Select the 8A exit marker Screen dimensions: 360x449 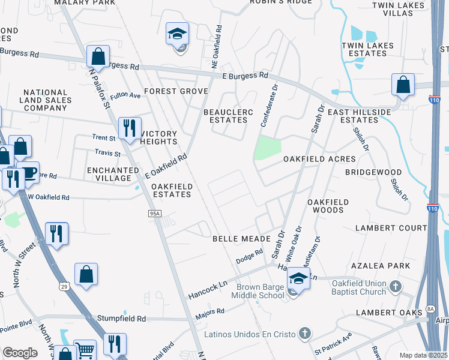[x=430, y=308]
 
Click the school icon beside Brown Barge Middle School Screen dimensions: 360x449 [x=298, y=278]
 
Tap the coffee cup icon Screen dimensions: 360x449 [x=28, y=173]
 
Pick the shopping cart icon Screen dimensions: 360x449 [x=85, y=350]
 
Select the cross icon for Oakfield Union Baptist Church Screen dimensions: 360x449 [x=395, y=286]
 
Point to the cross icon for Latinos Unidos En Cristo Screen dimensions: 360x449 [x=305, y=333]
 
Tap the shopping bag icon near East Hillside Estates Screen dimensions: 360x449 [x=403, y=85]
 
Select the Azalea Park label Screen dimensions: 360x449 [x=382, y=265]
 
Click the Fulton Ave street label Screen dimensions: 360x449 [x=125, y=95]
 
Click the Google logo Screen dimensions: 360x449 [x=20, y=353]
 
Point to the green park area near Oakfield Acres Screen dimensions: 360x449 [x=268, y=148]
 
